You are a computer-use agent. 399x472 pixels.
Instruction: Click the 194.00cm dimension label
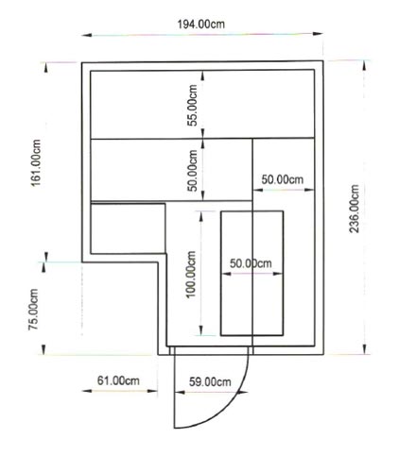pyautogui.click(x=201, y=25)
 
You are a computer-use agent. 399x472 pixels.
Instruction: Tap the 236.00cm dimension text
pyautogui.click(x=354, y=209)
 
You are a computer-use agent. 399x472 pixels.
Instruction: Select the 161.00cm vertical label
pyautogui.click(x=36, y=162)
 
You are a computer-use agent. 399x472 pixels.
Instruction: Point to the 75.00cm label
pyautogui.click(x=33, y=310)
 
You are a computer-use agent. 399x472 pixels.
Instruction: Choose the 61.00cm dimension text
pyautogui.click(x=118, y=380)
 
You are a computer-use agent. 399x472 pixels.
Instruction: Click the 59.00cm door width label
pyautogui.click(x=210, y=382)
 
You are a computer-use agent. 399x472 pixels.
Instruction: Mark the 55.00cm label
pyautogui.click(x=192, y=105)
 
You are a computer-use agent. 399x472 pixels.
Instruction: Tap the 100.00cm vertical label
pyautogui.click(x=191, y=274)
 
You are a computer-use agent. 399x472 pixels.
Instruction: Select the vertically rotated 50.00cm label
pyautogui.click(x=192, y=170)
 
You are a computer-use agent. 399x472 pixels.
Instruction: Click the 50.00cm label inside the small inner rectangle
pyautogui.click(x=251, y=263)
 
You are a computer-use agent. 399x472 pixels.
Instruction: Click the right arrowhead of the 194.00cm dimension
pyautogui.click(x=318, y=33)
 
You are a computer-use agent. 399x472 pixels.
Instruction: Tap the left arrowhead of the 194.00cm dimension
pyautogui.click(x=87, y=35)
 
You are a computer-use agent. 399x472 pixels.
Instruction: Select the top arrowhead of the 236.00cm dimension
pyautogui.click(x=364, y=65)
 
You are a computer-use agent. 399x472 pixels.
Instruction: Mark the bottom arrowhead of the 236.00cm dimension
pyautogui.click(x=365, y=349)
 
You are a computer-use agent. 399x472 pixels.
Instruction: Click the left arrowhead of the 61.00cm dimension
pyautogui.click(x=87, y=391)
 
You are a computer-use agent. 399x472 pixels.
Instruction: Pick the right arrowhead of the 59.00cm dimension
pyautogui.click(x=243, y=393)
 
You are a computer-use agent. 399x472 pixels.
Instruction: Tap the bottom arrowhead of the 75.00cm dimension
pyautogui.click(x=43, y=349)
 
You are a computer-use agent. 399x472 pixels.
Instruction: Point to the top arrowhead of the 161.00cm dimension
pyautogui.click(x=46, y=68)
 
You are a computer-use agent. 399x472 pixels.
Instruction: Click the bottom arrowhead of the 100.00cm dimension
pyautogui.click(x=201, y=330)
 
